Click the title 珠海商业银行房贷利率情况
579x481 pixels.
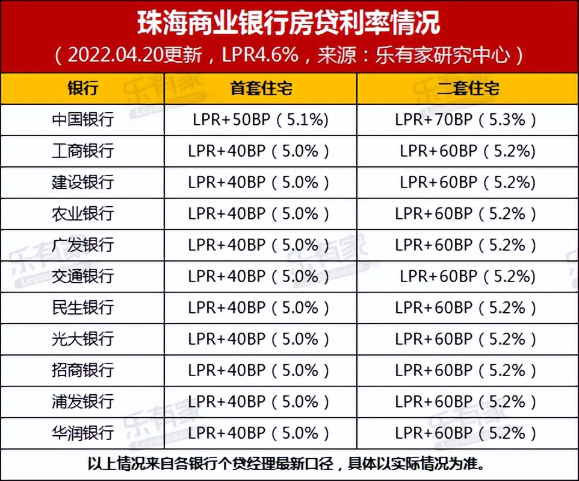289,23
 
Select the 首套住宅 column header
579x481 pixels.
260,89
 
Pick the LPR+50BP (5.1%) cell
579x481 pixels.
260,120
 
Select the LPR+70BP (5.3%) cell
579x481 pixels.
466,120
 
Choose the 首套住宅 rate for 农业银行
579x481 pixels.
260,213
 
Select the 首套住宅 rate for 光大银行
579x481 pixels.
260,339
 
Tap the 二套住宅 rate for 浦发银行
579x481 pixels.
466,401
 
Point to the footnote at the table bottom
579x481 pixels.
289,464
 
